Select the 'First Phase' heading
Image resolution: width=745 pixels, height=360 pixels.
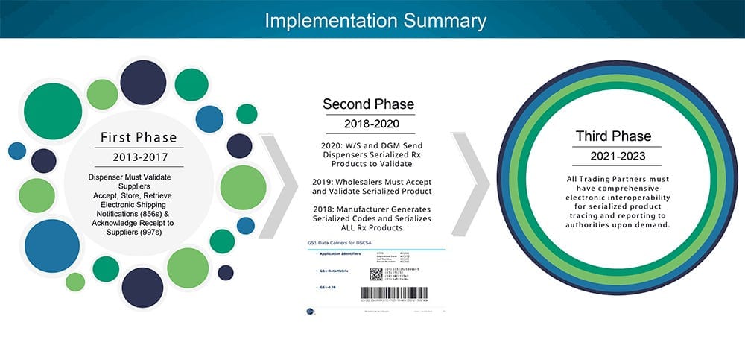139,137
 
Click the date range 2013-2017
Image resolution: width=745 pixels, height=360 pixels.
139,159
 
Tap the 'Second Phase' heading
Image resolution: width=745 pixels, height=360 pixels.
368,104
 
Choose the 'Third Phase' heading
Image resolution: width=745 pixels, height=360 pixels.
613,136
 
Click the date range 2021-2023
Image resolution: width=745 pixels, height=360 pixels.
613,157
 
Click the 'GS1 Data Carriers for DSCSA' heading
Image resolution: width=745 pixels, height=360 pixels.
338,244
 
